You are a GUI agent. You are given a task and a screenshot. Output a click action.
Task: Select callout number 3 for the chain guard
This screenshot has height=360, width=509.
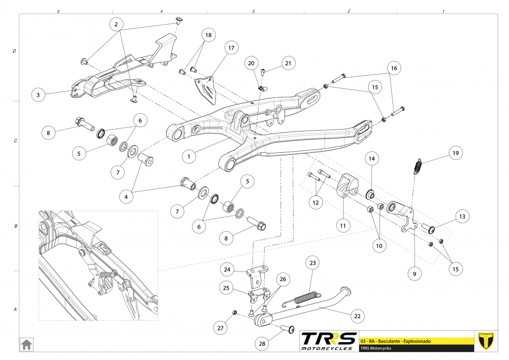38,94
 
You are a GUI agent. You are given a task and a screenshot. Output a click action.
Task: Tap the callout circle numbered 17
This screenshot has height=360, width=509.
231,48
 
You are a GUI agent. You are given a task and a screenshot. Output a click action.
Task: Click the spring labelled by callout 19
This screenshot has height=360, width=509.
418,166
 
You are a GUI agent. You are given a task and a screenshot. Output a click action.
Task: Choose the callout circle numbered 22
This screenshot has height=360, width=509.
357,315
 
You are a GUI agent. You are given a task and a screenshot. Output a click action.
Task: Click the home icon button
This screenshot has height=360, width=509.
26,343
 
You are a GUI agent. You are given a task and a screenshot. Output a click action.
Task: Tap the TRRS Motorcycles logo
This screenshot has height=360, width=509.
329,341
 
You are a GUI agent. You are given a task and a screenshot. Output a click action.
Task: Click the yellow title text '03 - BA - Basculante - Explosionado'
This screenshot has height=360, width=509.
396,341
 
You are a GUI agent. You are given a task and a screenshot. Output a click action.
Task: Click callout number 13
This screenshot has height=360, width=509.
462,217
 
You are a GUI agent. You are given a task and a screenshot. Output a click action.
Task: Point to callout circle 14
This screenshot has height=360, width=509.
372,159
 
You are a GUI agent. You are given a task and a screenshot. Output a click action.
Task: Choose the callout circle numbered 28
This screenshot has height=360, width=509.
262,344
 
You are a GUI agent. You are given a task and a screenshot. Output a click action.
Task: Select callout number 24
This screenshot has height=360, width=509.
227,270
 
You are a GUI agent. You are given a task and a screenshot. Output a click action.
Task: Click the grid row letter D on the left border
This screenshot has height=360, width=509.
14,51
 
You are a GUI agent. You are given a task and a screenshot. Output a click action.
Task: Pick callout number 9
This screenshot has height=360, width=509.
414,272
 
